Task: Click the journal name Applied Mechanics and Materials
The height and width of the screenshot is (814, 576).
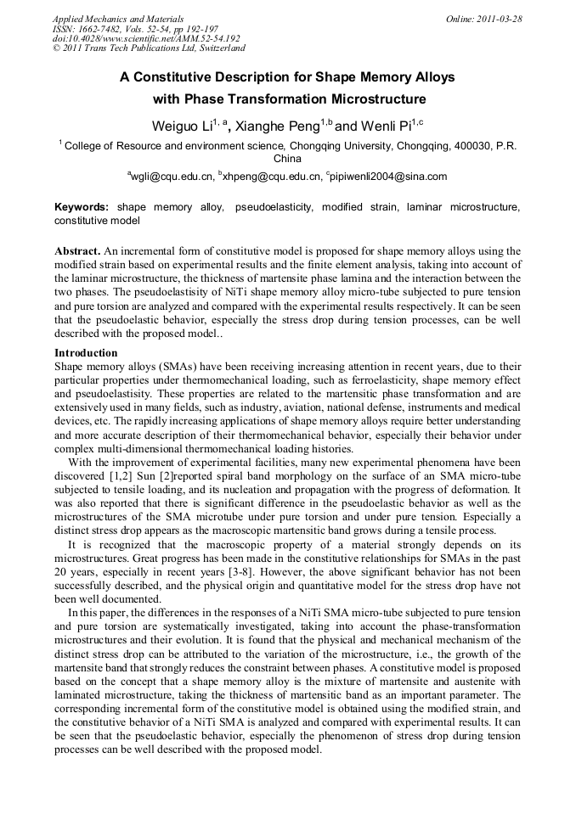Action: click(x=117, y=18)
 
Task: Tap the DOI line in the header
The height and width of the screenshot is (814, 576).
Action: click(x=146, y=38)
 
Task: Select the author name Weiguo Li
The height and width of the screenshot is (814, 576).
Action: click(x=182, y=126)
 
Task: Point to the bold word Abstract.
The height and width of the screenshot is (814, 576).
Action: click(x=77, y=251)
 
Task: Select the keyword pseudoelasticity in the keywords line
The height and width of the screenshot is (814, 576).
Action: click(x=274, y=207)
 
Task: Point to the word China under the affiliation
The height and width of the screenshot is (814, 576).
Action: click(x=288, y=158)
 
